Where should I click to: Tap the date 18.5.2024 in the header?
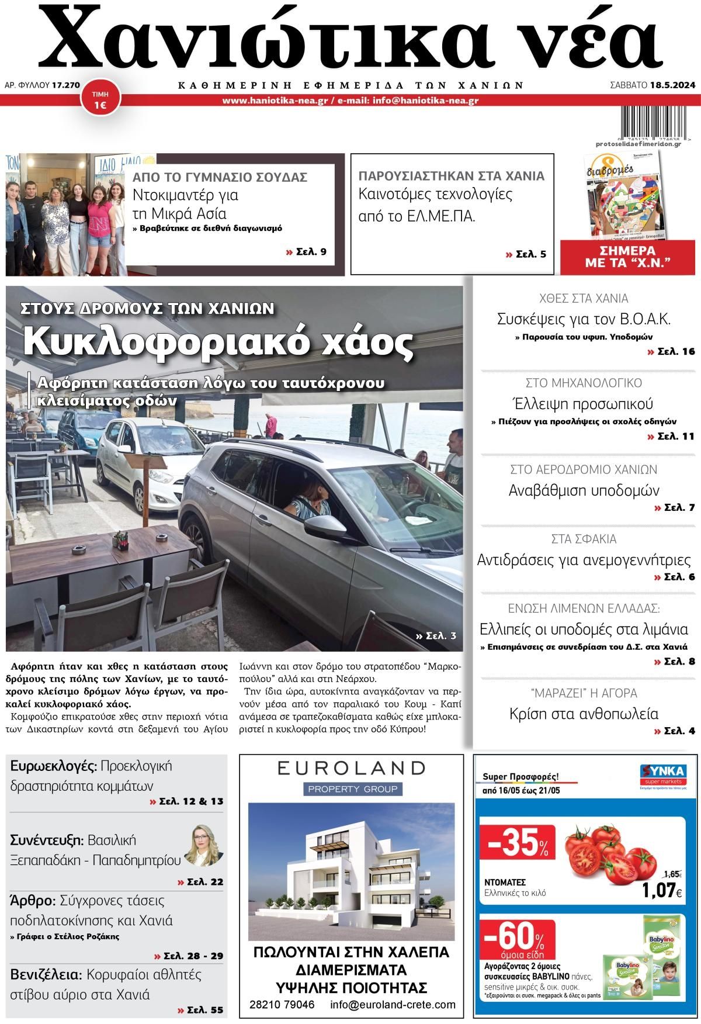click(672, 85)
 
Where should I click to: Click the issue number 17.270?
click(65, 85)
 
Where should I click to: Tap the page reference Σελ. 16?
click(671, 351)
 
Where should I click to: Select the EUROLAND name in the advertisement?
click(351, 767)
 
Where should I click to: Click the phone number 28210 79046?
click(282, 1005)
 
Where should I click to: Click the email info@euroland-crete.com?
click(393, 1005)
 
